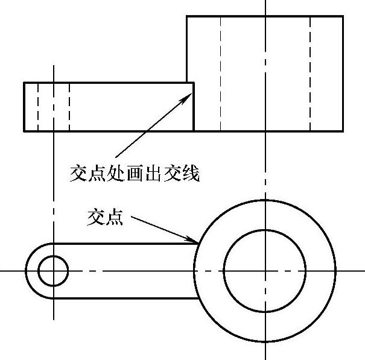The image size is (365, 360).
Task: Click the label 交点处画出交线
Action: click(x=134, y=174)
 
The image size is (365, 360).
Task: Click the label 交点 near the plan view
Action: click(x=105, y=218)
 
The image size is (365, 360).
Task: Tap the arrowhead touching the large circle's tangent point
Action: click(x=196, y=242)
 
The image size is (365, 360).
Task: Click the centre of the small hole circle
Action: click(x=53, y=271)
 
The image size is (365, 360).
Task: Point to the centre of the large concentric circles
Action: click(x=265, y=271)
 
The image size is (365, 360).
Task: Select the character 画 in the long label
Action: click(x=134, y=174)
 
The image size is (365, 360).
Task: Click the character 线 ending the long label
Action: click(x=191, y=174)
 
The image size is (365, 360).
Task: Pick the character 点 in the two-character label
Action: click(x=115, y=218)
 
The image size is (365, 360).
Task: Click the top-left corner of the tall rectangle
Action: click(x=187, y=16)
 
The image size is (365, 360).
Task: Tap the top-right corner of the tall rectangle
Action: click(x=343, y=16)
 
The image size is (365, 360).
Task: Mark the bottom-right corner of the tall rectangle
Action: click(x=343, y=131)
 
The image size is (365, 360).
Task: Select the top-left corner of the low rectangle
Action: click(x=24, y=83)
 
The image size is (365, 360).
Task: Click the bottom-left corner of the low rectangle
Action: click(x=24, y=131)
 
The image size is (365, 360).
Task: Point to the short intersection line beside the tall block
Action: click(x=194, y=106)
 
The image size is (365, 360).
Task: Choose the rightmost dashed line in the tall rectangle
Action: click(x=310, y=72)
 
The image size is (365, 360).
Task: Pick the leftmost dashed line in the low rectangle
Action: click(x=37, y=106)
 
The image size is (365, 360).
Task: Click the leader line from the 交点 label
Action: click(x=163, y=229)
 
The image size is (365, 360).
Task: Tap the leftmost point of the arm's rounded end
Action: click(x=25, y=271)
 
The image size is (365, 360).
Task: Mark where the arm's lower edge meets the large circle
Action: click(x=198, y=298)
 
